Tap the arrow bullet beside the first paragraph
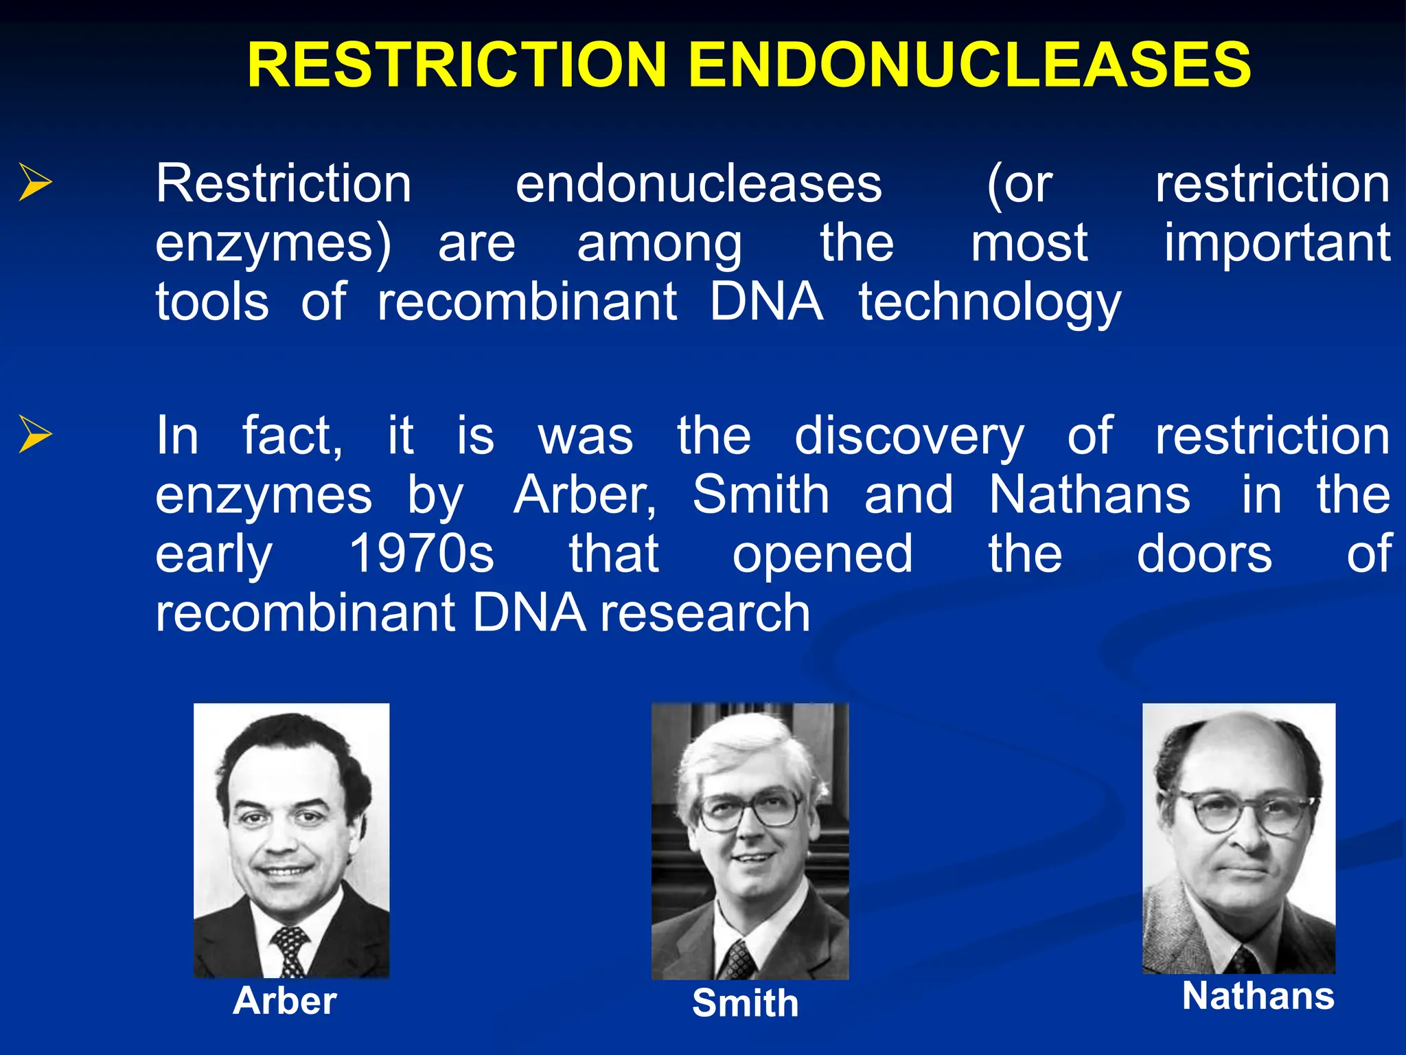(34, 183)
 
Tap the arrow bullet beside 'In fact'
(34, 434)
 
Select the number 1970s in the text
(422, 554)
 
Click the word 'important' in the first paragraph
(1277, 243)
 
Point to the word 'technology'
(990, 303)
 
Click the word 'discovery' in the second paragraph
(909, 436)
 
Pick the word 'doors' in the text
(1204, 554)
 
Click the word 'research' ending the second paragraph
(705, 613)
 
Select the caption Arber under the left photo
(285, 1001)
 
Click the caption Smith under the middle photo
(746, 1003)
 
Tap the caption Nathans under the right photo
(1258, 996)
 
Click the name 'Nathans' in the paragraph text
(1090, 495)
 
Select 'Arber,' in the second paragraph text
(586, 495)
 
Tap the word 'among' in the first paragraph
(659, 243)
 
